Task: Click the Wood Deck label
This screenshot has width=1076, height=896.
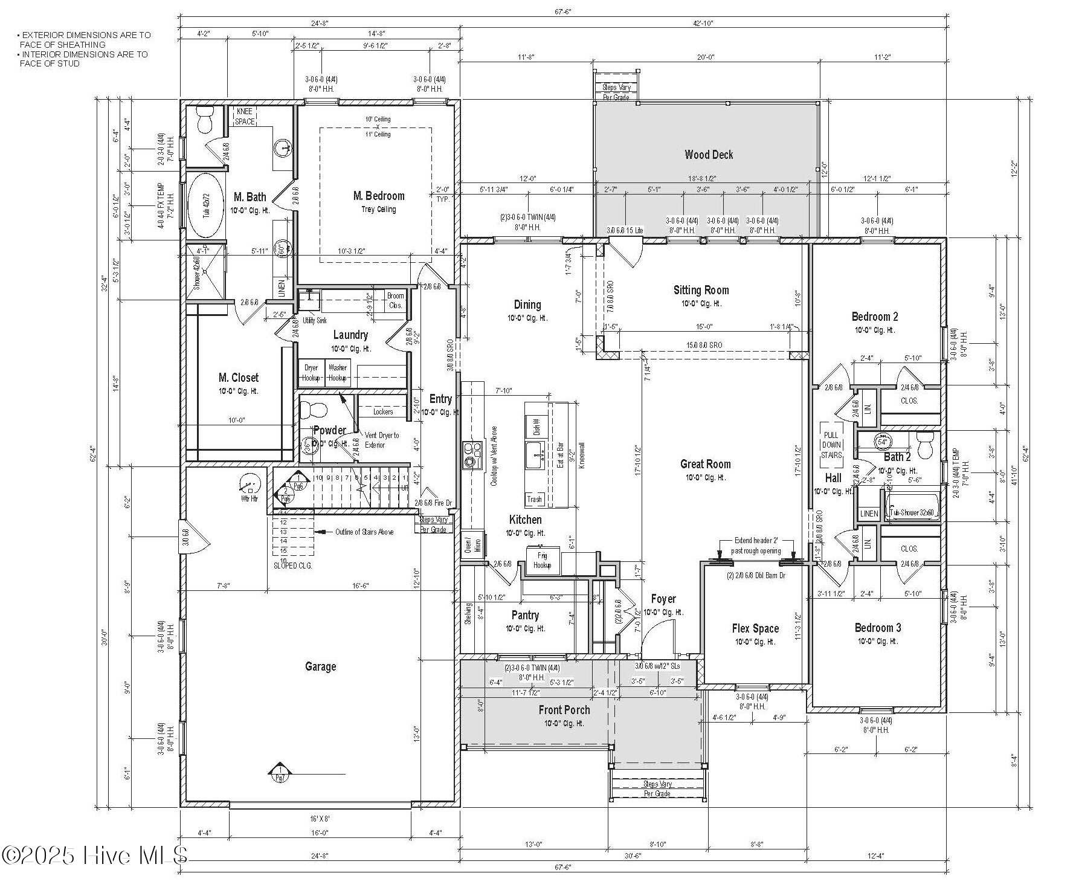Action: [709, 155]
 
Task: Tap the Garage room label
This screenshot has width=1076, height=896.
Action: [320, 666]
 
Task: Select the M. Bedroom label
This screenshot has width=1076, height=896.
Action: [379, 196]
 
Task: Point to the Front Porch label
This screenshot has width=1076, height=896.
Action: [564, 710]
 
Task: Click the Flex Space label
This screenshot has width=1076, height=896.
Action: [755, 628]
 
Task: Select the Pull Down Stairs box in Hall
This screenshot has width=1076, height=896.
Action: [831, 445]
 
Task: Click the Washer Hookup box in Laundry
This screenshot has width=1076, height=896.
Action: [337, 373]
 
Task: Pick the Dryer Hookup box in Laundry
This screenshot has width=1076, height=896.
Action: [311, 373]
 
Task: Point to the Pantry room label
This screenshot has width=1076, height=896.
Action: [525, 615]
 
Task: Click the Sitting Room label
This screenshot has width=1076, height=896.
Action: [701, 290]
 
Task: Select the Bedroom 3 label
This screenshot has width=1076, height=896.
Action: [877, 628]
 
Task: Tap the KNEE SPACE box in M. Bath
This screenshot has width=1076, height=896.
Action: [245, 117]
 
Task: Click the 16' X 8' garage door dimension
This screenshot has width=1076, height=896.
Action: [320, 819]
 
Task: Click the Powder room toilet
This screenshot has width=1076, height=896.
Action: [314, 409]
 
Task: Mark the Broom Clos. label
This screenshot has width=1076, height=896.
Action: [396, 300]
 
